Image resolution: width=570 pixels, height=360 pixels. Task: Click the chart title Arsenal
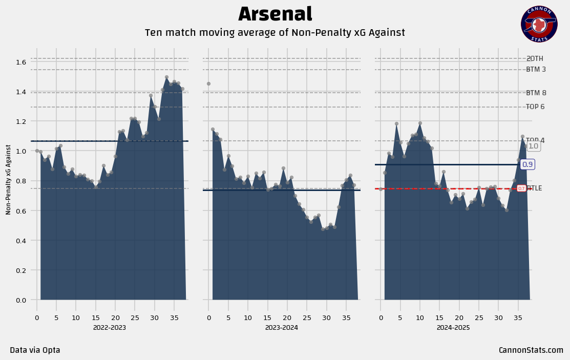click(275, 14)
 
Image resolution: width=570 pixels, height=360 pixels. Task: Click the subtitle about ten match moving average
click(275, 33)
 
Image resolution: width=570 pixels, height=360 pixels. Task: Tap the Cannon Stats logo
click(539, 24)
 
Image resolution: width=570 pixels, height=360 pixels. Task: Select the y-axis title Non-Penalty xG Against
click(9, 179)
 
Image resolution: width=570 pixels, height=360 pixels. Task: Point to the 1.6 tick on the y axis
click(20, 62)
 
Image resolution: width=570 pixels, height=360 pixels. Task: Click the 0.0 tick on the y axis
click(20, 300)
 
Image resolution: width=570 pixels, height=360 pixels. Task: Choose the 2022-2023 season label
click(109, 327)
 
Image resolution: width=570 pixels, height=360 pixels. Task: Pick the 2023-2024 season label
click(281, 327)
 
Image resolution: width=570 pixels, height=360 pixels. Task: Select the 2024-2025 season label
click(453, 327)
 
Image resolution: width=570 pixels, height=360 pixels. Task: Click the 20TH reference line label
click(535, 59)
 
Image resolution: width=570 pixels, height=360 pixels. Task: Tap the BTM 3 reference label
click(536, 70)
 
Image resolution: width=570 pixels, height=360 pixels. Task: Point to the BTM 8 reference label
click(536, 93)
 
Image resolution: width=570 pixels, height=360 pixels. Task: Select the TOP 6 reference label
click(535, 107)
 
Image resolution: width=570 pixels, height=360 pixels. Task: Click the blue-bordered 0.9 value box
click(527, 164)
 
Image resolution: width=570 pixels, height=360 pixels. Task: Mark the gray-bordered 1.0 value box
click(533, 146)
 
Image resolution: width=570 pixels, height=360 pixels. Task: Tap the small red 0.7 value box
click(521, 188)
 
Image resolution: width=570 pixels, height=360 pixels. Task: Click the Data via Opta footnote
click(35, 350)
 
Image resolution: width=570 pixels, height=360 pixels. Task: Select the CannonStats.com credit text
click(531, 350)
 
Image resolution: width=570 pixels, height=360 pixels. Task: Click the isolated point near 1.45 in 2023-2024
click(208, 83)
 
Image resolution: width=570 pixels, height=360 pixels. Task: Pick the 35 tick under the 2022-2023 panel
click(174, 318)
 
